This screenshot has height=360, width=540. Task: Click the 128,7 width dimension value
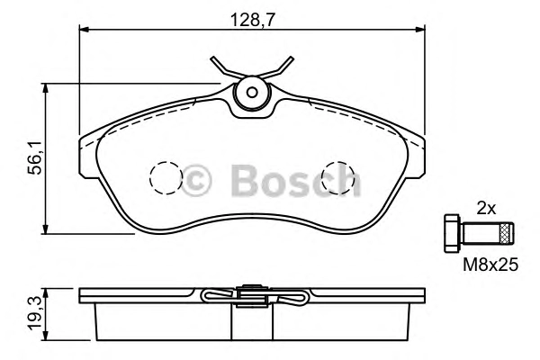253,21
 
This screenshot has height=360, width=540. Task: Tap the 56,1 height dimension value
35,157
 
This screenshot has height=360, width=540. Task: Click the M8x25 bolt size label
490,265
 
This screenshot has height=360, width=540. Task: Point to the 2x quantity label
486,209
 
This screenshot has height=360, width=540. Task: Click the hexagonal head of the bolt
452,233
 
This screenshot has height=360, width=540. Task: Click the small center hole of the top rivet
252,93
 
